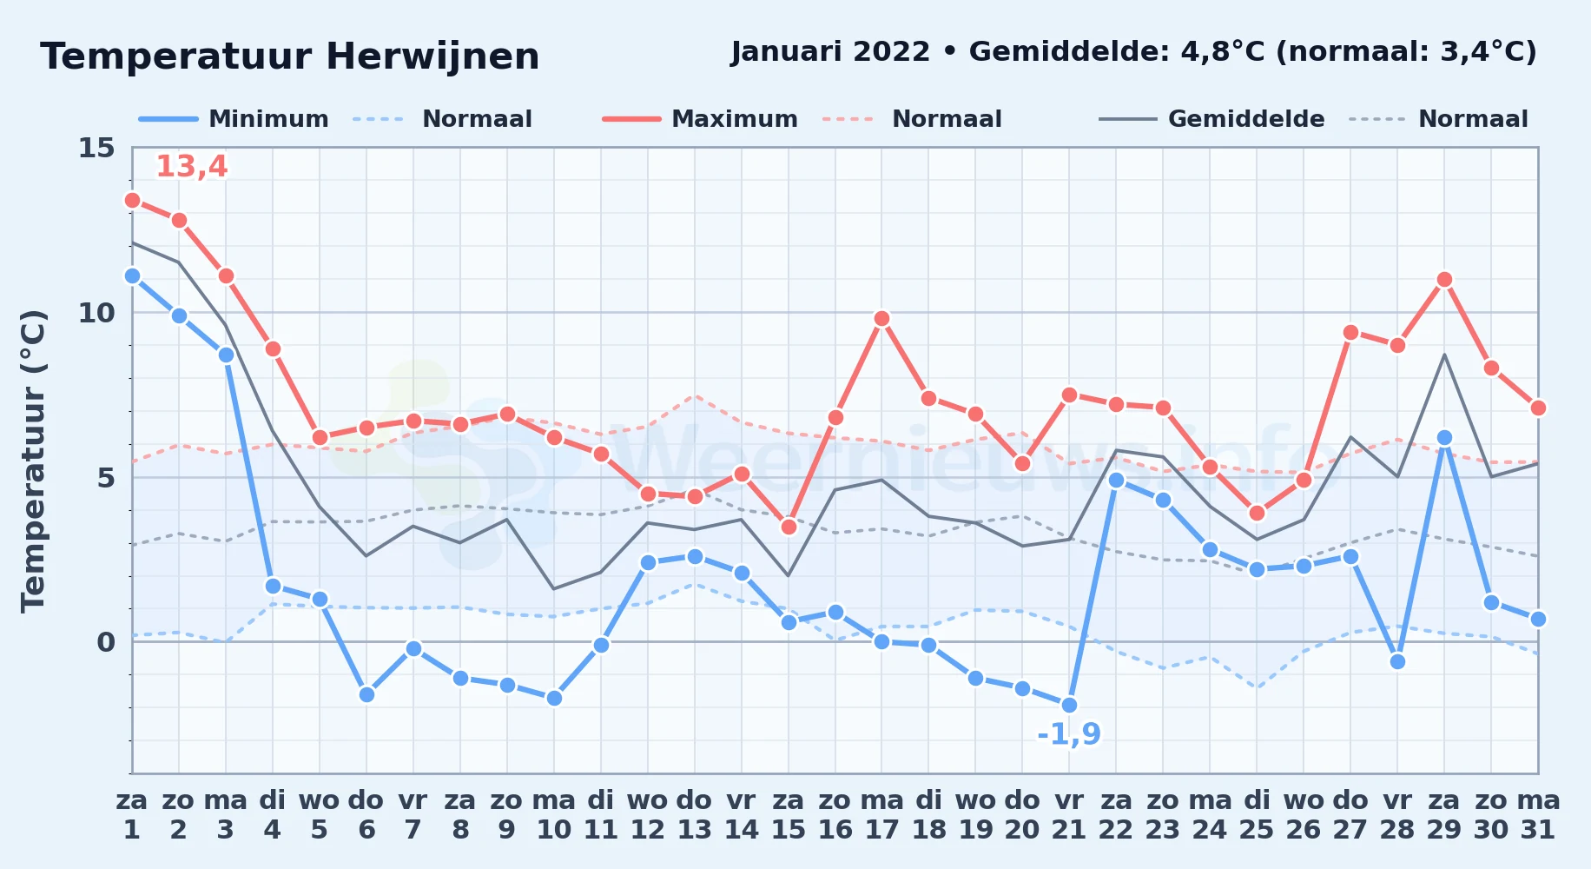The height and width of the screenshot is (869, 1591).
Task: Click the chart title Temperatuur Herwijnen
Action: pyautogui.click(x=290, y=56)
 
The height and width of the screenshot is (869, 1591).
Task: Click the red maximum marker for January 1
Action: pyautogui.click(x=132, y=200)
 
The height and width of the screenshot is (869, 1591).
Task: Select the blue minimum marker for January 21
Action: pyautogui.click(x=1069, y=705)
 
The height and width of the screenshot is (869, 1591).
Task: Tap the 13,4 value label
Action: pyautogui.click(x=191, y=166)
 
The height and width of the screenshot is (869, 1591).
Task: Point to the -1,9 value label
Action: pyautogui.click(x=1069, y=734)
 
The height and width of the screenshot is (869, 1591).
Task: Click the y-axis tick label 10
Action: pyautogui.click(x=96, y=313)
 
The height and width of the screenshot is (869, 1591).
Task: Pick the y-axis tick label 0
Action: pyautogui.click(x=106, y=642)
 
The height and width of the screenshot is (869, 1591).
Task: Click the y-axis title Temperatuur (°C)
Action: pyautogui.click(x=33, y=461)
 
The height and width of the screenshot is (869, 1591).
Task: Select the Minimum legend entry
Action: pyautogui.click(x=234, y=119)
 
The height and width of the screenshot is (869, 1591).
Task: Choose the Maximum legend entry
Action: pyautogui.click(x=700, y=119)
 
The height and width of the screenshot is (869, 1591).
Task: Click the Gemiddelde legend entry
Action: pyautogui.click(x=1211, y=119)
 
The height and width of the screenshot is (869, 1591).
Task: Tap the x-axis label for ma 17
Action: pyautogui.click(x=881, y=815)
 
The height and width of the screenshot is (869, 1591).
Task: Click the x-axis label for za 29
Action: pyautogui.click(x=1444, y=815)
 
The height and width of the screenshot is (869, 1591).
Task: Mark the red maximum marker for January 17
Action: pyautogui.click(x=881, y=319)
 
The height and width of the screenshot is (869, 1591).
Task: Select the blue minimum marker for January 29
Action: pyautogui.click(x=1444, y=438)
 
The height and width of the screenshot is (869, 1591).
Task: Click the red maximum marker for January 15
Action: pyautogui.click(x=789, y=527)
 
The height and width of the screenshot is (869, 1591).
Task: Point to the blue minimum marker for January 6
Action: pyautogui.click(x=366, y=694)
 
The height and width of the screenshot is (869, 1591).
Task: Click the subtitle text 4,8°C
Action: pyautogui.click(x=1223, y=52)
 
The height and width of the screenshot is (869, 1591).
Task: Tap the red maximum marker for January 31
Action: pyautogui.click(x=1538, y=408)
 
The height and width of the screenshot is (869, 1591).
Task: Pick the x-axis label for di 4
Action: pyautogui.click(x=273, y=815)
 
